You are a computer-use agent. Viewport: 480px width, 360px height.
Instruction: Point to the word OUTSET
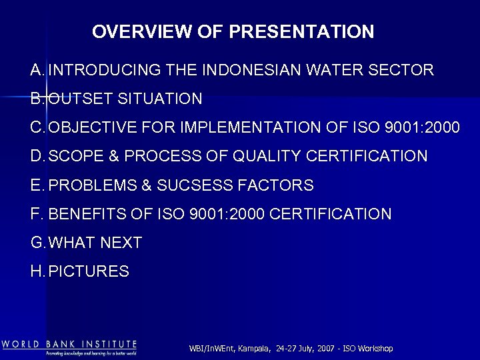pos(81,99)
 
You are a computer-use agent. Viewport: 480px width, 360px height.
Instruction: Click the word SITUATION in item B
pos(159,99)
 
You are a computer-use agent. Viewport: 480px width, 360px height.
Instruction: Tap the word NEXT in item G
pos(121,243)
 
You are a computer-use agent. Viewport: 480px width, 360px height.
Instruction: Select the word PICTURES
pos(89,271)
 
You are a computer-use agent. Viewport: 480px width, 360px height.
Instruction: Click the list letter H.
pos(37,271)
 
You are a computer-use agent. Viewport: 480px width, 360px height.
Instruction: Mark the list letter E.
pos(37,185)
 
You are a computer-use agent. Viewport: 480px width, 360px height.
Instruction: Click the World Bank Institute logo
pos(69,347)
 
